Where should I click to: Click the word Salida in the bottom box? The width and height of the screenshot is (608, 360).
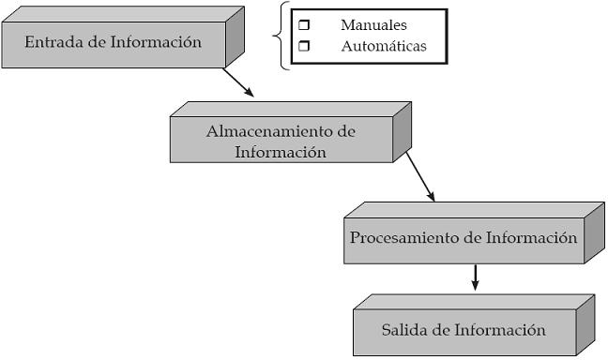pyautogui.click(x=405, y=330)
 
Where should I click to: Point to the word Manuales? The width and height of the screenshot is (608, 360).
pyautogui.click(x=373, y=26)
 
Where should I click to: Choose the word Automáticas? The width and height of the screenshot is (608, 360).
pyautogui.click(x=383, y=45)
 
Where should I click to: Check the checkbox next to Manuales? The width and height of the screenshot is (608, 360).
pyautogui.click(x=303, y=26)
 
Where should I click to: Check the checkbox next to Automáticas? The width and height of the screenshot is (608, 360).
pyautogui.click(x=303, y=45)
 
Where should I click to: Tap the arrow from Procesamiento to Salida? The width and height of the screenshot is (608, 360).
pyautogui.click(x=476, y=277)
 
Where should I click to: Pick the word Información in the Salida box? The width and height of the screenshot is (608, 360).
pyautogui.click(x=499, y=330)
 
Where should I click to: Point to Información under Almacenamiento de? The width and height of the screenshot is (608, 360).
pyautogui.click(x=281, y=152)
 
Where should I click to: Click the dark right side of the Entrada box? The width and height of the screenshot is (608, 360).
pyautogui.click(x=235, y=37)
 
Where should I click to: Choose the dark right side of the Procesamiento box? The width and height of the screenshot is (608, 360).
pyautogui.click(x=594, y=232)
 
